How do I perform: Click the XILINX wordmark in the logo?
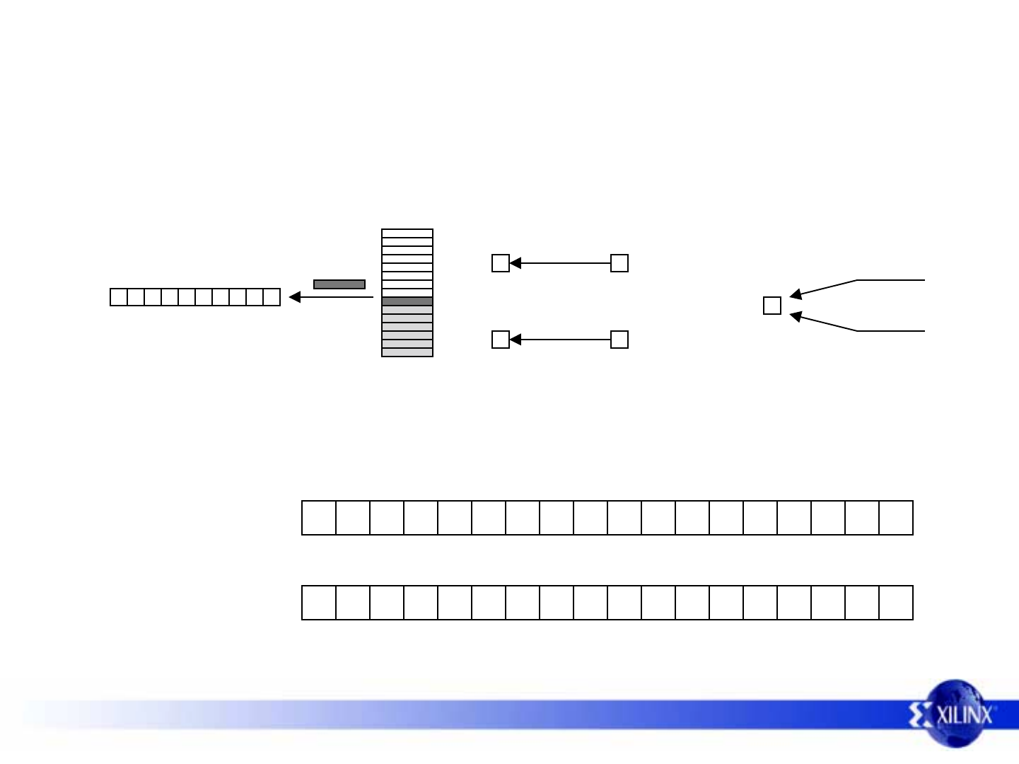pos(965,714)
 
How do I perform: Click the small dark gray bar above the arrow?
pos(339,284)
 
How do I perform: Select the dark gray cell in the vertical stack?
pos(407,301)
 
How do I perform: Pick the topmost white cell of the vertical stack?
pos(407,233)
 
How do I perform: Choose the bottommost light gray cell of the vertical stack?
pos(407,352)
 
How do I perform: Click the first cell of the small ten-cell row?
pos(119,297)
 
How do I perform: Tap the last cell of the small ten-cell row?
pos(272,297)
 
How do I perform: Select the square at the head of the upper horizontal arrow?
pos(501,263)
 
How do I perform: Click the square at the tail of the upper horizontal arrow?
pos(619,263)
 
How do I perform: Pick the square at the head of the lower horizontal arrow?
pos(501,340)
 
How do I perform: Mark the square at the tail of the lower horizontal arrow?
pos(619,340)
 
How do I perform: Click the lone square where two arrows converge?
pos(772,306)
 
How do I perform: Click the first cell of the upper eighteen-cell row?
pos(319,518)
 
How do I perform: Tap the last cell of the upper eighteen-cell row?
pos(896,518)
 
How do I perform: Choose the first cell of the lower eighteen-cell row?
pos(319,603)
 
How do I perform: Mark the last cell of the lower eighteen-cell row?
pos(896,603)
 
